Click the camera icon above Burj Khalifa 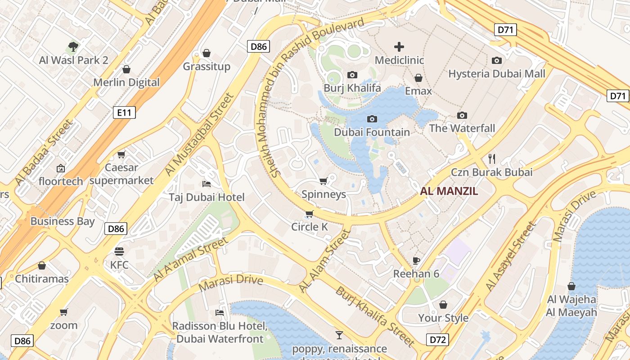coord(352,75)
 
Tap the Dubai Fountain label coord(372,132)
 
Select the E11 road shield coord(124,112)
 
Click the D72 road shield coord(437,339)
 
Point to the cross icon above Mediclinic coord(399,47)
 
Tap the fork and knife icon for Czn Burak coord(492,158)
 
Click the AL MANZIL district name coord(449,191)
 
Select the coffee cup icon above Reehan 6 coord(416,261)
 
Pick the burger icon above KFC coord(119,251)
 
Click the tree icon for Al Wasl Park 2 coord(73,46)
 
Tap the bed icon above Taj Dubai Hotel coord(207,184)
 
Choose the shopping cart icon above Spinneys coord(323,181)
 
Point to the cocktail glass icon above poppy coord(339,335)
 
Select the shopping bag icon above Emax coord(418,78)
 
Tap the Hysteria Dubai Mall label coord(497,74)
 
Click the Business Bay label coord(63,221)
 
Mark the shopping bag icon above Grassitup coord(207,53)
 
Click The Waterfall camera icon coord(462,115)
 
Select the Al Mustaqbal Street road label coord(199,134)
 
